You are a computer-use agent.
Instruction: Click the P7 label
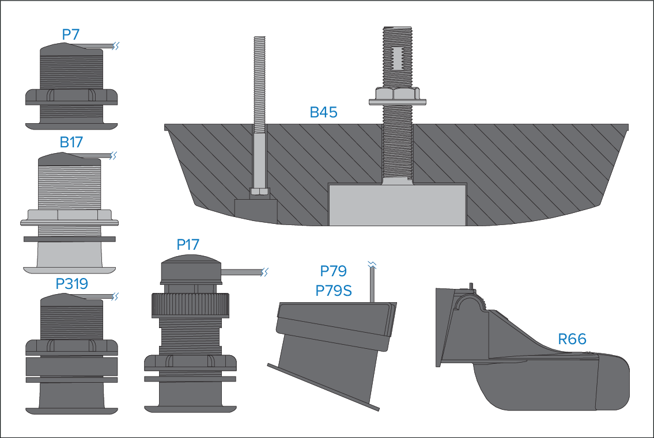70,35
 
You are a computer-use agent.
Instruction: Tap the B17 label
71,142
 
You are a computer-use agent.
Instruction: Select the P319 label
71,284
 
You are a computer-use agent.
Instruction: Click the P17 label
188,245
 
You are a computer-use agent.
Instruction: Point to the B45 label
323,112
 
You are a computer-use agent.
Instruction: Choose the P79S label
334,291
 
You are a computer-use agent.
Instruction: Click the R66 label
572,339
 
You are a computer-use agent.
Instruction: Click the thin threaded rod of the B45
259,81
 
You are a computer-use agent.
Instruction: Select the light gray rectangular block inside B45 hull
397,204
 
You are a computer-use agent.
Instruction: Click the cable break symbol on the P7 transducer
116,45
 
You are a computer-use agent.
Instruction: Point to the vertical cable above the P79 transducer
372,284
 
